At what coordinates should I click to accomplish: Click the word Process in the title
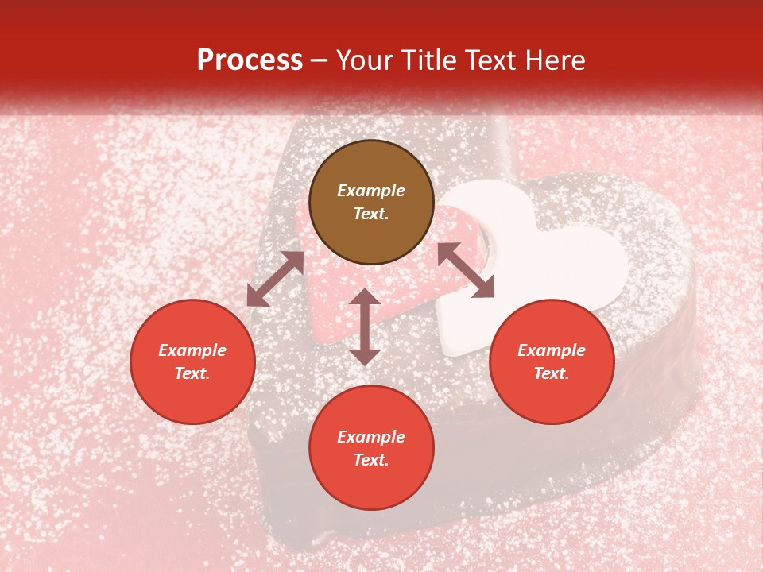pyautogui.click(x=250, y=60)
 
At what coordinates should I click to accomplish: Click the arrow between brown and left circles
pyautogui.click(x=276, y=279)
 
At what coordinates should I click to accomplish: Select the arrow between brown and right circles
pyautogui.click(x=466, y=270)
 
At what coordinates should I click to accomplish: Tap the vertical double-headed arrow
pyautogui.click(x=365, y=327)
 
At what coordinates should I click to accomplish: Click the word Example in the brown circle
pyautogui.click(x=371, y=191)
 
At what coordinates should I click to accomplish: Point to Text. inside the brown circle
pyautogui.click(x=371, y=214)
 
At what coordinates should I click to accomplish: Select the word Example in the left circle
pyautogui.click(x=192, y=350)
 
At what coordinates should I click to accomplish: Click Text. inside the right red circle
pyautogui.click(x=552, y=373)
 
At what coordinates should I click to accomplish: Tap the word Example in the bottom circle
pyautogui.click(x=371, y=437)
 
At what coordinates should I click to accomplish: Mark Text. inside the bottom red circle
pyautogui.click(x=371, y=460)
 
